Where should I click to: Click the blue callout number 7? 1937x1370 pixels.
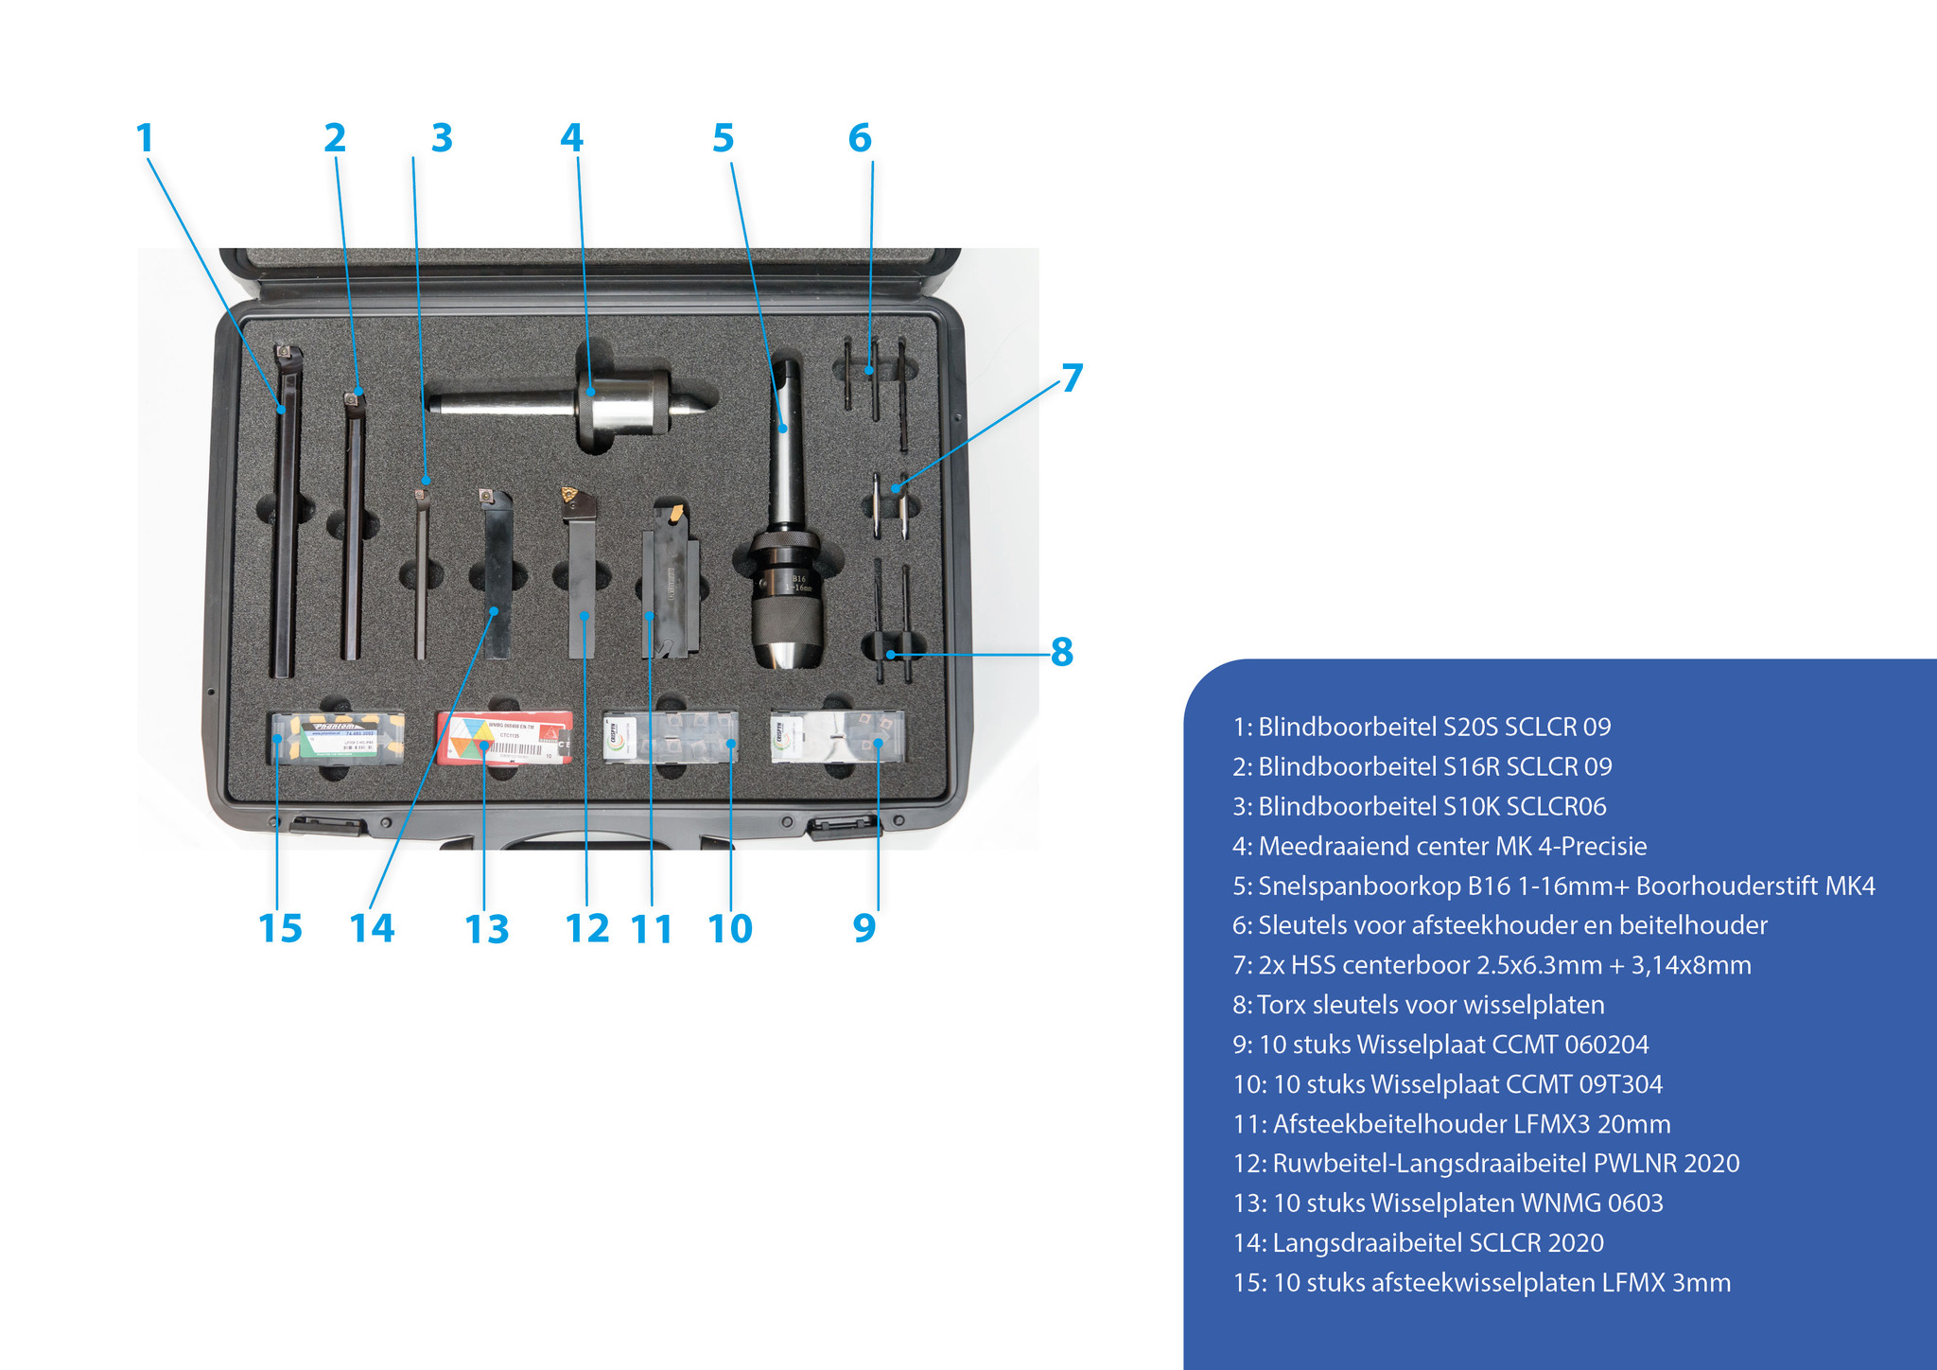[1072, 378]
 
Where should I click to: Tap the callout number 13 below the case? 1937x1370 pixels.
[487, 929]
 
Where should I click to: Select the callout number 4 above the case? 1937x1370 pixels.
[571, 138]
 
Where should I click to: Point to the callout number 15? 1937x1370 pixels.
[280, 929]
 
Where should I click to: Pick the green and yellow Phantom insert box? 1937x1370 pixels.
[338, 738]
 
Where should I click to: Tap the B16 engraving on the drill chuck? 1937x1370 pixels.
[799, 578]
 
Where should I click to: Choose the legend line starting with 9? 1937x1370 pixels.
[1440, 1045]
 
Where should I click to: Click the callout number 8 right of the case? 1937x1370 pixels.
[1062, 652]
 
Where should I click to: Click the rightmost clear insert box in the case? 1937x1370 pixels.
[838, 737]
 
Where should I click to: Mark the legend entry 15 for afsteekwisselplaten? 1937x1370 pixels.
[1482, 1283]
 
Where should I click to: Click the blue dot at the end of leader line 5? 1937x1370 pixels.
[782, 429]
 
